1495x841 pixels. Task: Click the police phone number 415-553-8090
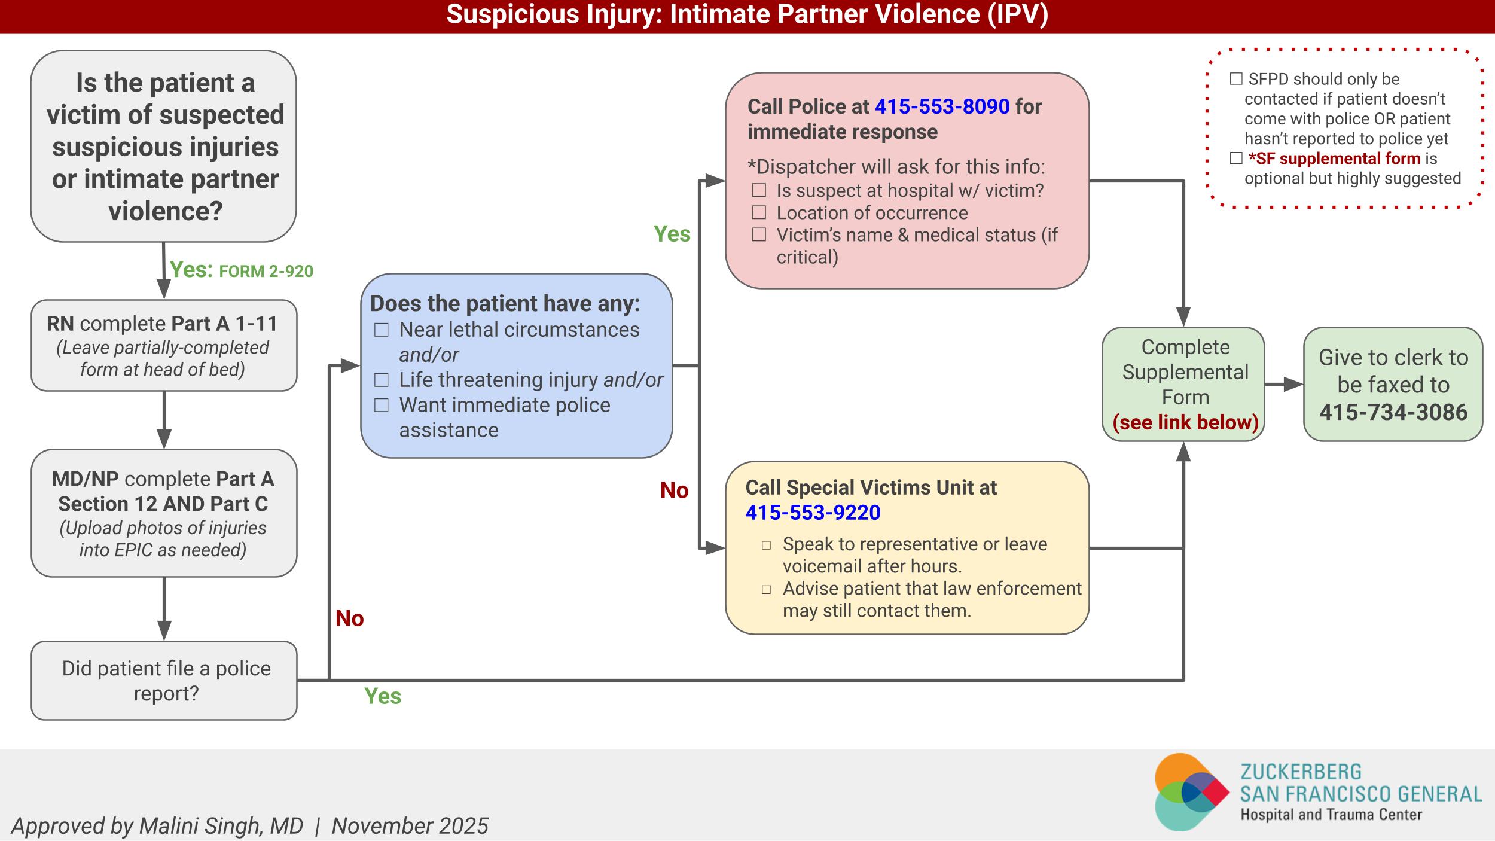click(942, 106)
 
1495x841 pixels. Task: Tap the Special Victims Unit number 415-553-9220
click(813, 513)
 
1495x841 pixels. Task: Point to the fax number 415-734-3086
click(1393, 412)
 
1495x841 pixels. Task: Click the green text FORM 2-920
click(266, 272)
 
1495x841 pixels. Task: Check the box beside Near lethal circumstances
click(382, 330)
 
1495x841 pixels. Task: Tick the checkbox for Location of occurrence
click(759, 212)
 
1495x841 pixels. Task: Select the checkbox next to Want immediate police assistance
click(382, 406)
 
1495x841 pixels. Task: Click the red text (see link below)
click(1185, 422)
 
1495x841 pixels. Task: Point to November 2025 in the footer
click(410, 826)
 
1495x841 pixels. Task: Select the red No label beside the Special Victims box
click(674, 490)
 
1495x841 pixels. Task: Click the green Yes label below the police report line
click(383, 696)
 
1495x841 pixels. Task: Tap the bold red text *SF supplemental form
click(1334, 159)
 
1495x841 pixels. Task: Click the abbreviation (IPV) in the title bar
click(1018, 14)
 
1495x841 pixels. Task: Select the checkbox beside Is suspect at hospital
click(759, 190)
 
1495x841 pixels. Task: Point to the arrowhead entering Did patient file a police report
click(164, 631)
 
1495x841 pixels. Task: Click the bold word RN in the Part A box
click(60, 324)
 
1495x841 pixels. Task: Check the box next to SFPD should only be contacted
click(1236, 79)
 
